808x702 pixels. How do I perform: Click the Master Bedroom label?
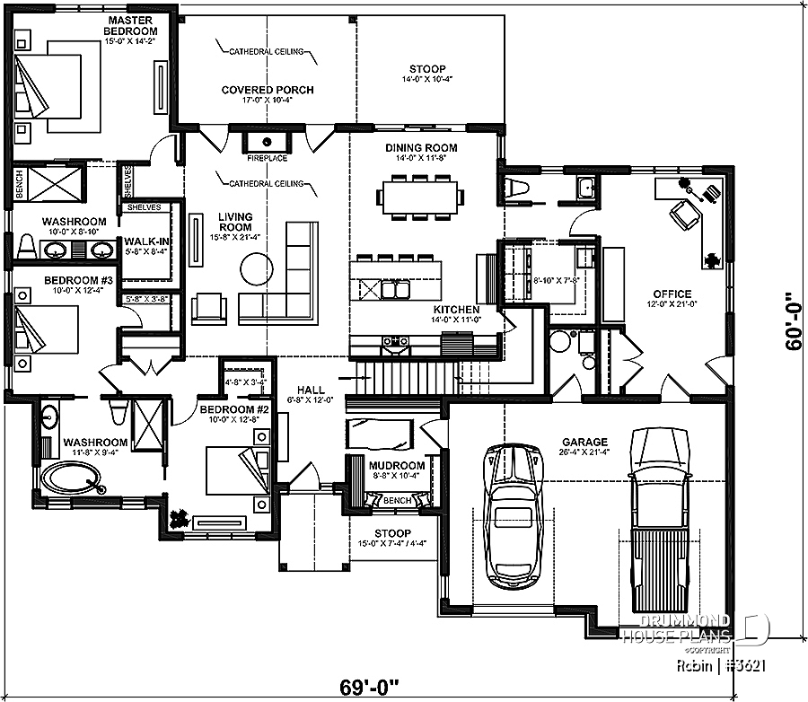(x=128, y=26)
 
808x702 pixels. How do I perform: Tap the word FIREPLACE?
(x=267, y=158)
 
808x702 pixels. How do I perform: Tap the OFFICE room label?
(x=672, y=294)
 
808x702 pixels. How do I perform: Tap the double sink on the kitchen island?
(x=392, y=290)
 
